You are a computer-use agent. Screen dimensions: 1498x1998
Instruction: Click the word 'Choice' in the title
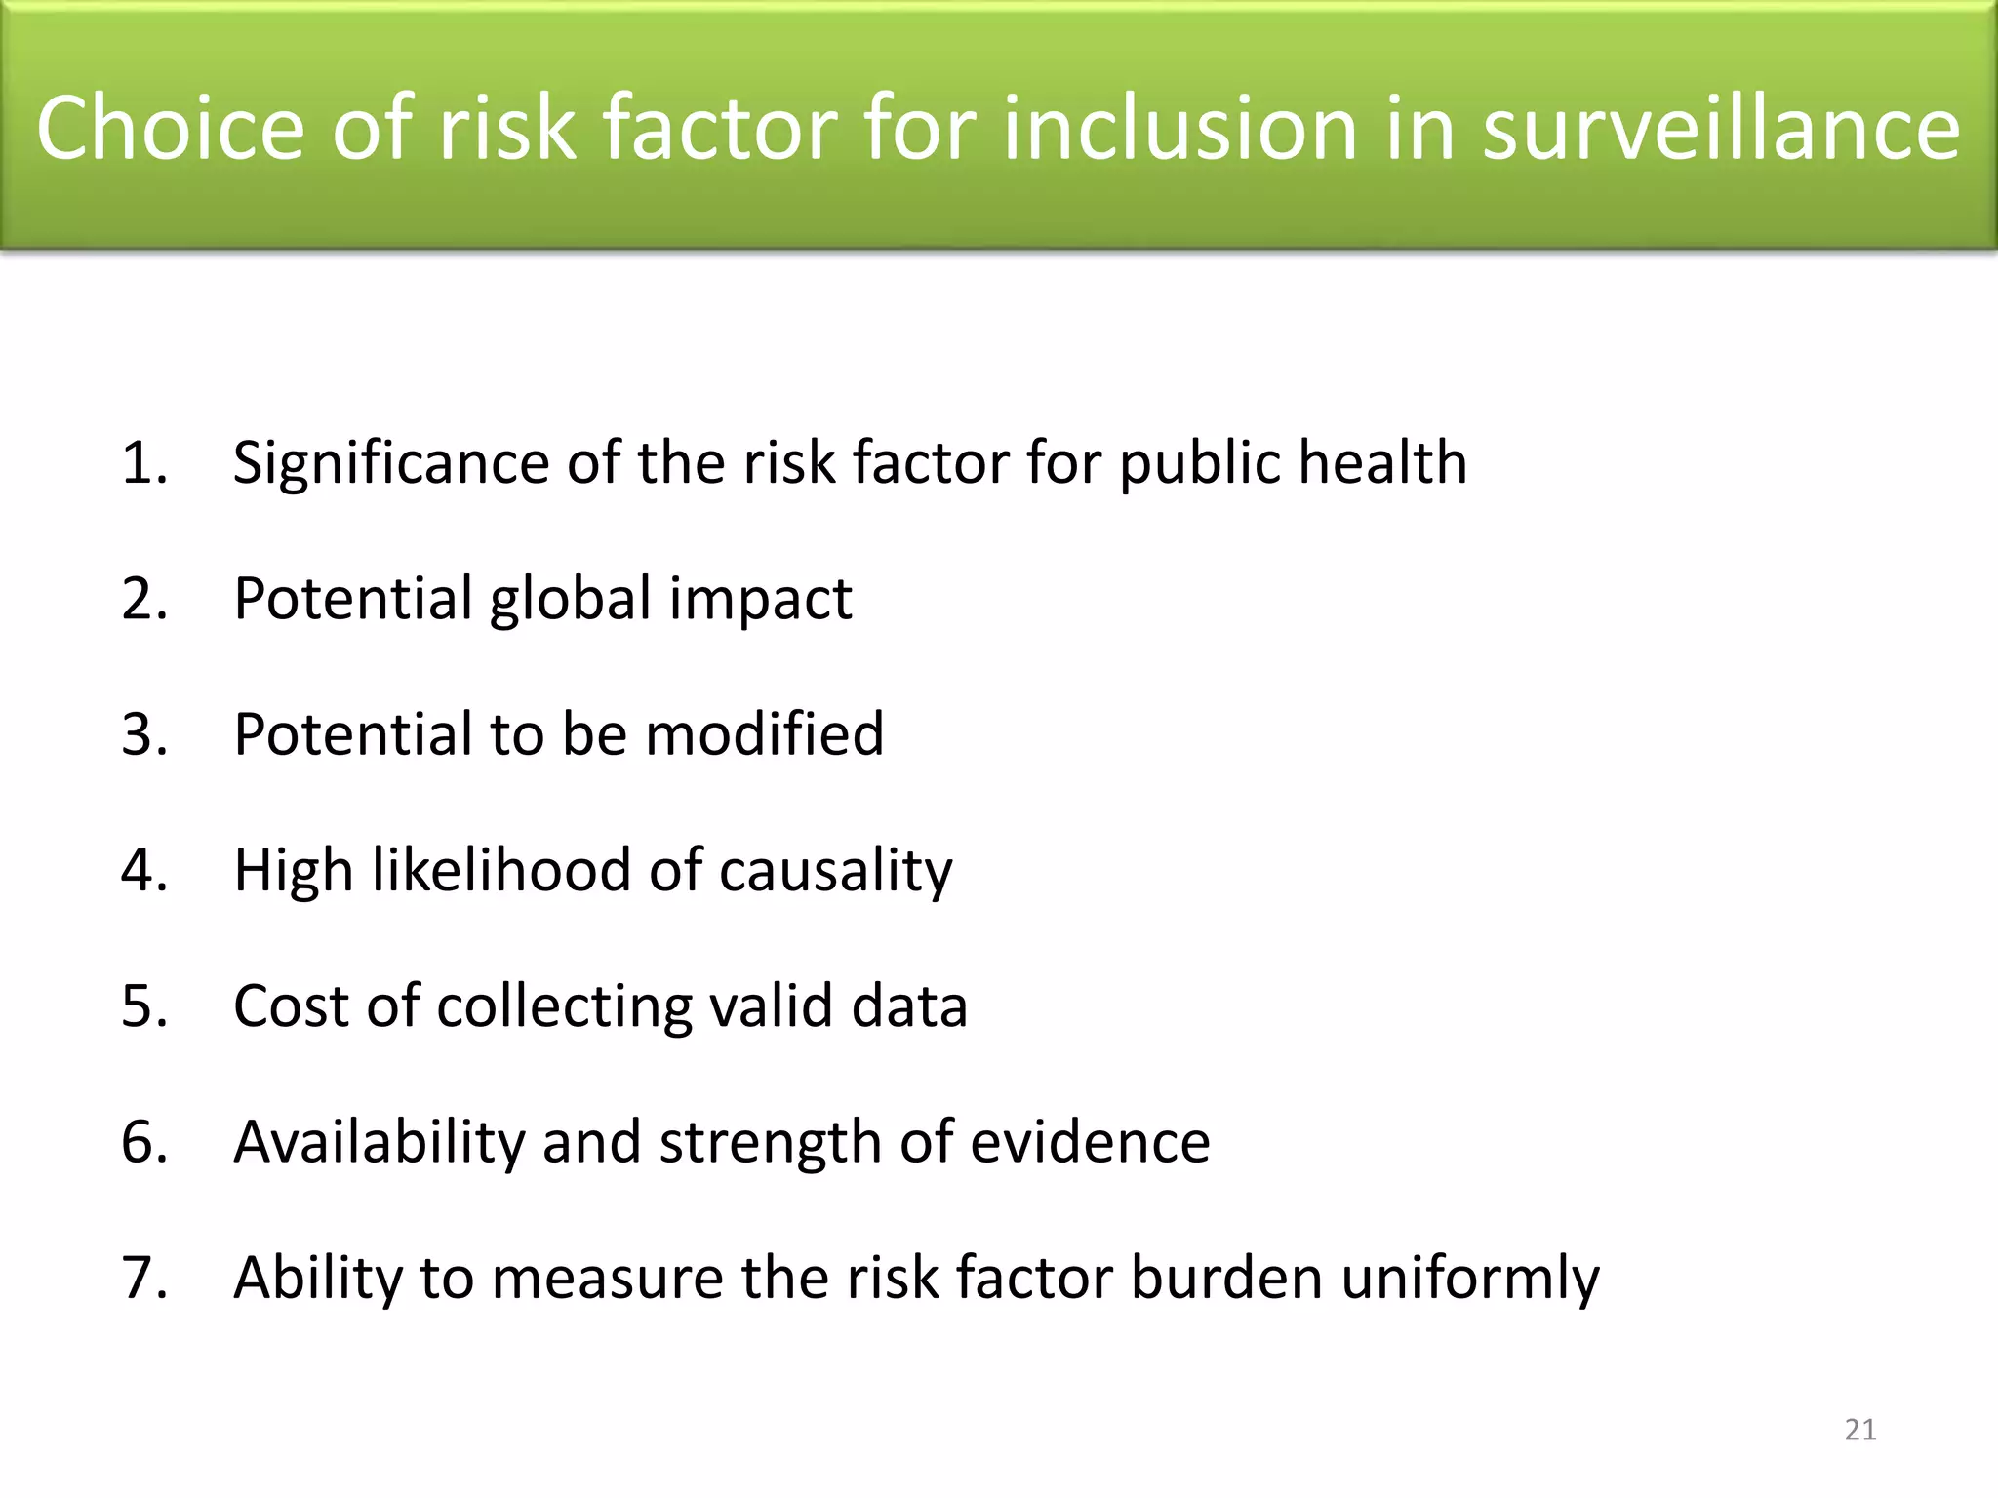[170, 128]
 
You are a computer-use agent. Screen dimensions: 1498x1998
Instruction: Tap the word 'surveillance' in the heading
[1721, 128]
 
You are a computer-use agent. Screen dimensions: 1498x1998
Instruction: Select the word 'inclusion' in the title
[1180, 128]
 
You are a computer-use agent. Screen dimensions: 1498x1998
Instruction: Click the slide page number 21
[1860, 1430]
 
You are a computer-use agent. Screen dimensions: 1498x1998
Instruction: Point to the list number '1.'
[144, 462]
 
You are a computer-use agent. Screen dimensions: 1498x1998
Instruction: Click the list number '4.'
[144, 870]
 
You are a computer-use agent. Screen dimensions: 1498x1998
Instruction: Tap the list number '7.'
[144, 1278]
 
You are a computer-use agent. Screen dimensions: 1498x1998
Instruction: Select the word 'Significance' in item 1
[391, 464]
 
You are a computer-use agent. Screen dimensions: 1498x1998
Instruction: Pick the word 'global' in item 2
[570, 599]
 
